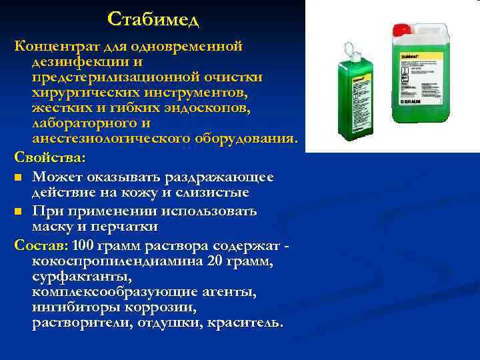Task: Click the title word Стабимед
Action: click(153, 20)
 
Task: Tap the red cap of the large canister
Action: click(402, 29)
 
